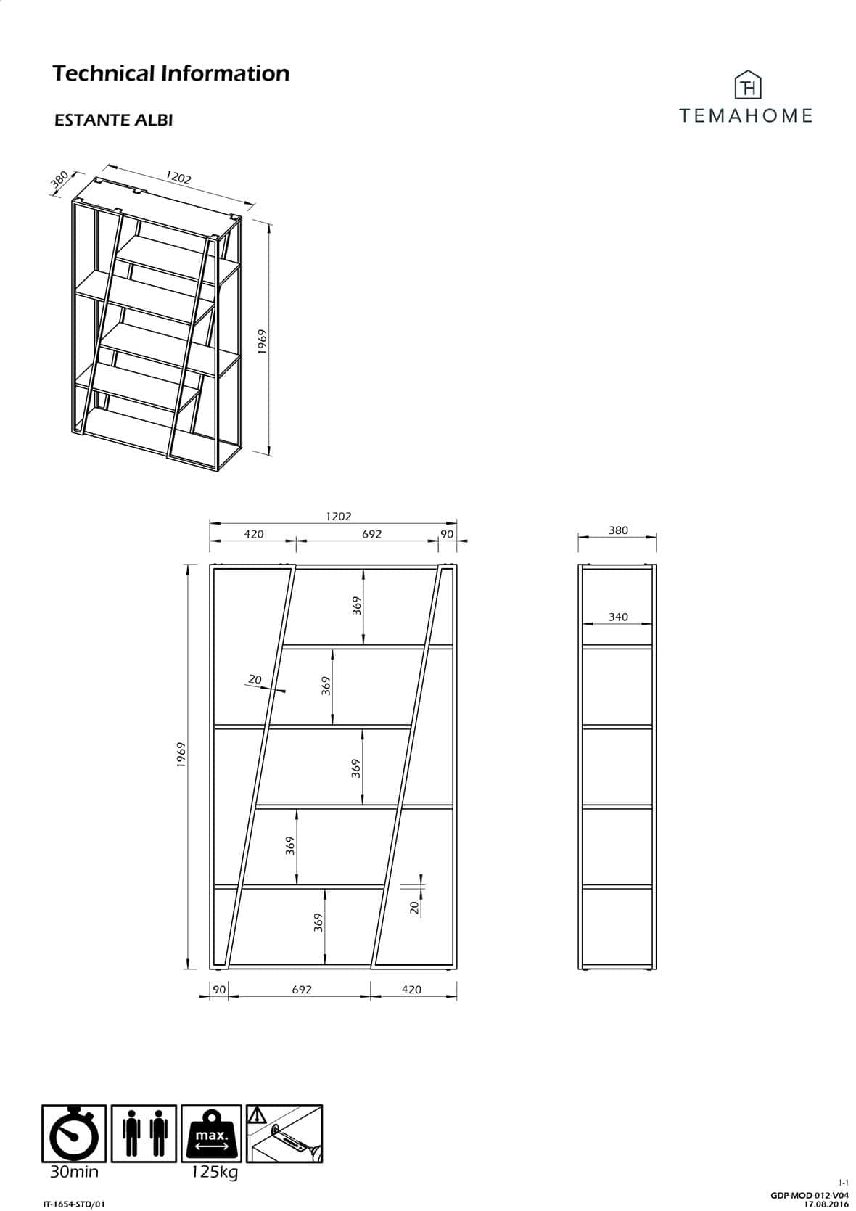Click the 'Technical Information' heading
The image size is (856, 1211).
tap(170, 73)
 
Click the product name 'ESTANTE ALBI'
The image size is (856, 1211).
tap(113, 120)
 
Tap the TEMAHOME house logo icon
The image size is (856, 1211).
tap(748, 85)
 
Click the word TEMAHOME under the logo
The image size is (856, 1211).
tap(746, 115)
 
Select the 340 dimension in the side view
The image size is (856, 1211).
tap(618, 617)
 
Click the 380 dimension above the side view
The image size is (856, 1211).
tap(618, 530)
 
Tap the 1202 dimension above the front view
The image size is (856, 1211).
tap(338, 517)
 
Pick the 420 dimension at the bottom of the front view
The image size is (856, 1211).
tap(411, 990)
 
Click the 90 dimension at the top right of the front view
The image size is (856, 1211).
tap(447, 534)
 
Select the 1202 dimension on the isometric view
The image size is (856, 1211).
tap(178, 177)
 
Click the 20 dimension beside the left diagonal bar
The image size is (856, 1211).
tap(255, 679)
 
